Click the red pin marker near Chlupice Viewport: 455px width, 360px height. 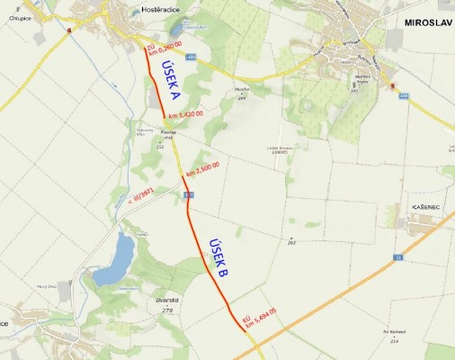69,29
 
